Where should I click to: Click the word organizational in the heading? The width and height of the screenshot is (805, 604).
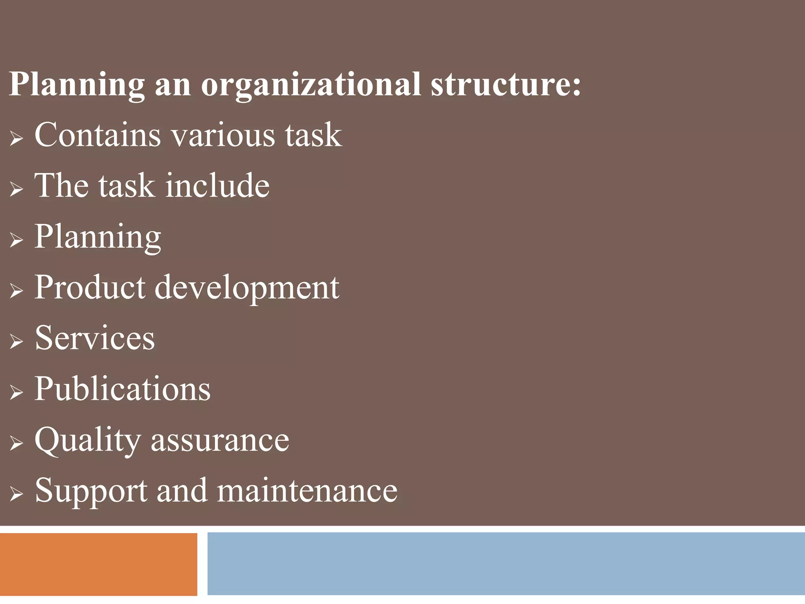tap(311, 85)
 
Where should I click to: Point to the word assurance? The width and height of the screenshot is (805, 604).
tap(220, 440)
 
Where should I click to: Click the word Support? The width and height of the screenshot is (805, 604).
tap(91, 492)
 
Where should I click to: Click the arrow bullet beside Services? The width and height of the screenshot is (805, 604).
tap(16, 341)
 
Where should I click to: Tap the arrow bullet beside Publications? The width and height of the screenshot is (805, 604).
tap(16, 392)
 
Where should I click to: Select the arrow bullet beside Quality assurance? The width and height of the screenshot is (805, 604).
tap(16, 443)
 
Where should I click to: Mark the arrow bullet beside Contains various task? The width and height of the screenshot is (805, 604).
tap(16, 138)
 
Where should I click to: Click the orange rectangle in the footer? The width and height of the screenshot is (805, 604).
tap(98, 564)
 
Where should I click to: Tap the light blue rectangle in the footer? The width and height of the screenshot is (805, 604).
tap(506, 563)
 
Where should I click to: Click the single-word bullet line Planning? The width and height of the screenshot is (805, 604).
tap(97, 237)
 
